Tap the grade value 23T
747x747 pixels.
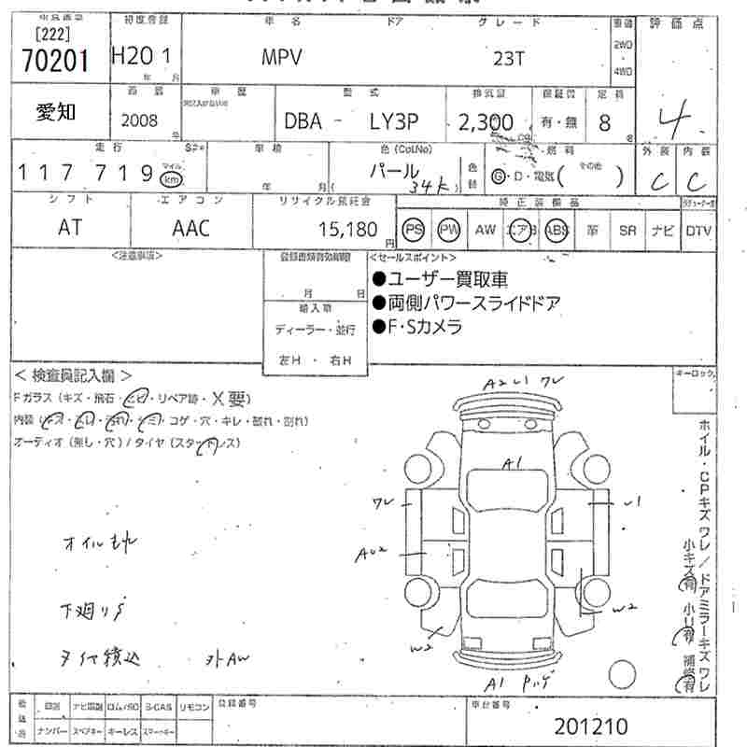tap(509, 57)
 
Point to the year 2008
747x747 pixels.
tap(140, 120)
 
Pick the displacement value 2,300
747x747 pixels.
tap(486, 122)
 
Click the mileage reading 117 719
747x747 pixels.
tap(86, 173)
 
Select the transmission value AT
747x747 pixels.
tap(70, 228)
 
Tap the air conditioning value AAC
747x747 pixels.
tap(191, 228)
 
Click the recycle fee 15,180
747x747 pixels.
tap(348, 229)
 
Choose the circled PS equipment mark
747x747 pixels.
tap(413, 230)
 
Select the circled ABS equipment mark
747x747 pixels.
tap(557, 230)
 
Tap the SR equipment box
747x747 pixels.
tap(627, 230)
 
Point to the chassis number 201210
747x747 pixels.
tap(591, 726)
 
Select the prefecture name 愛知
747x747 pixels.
tap(57, 113)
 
